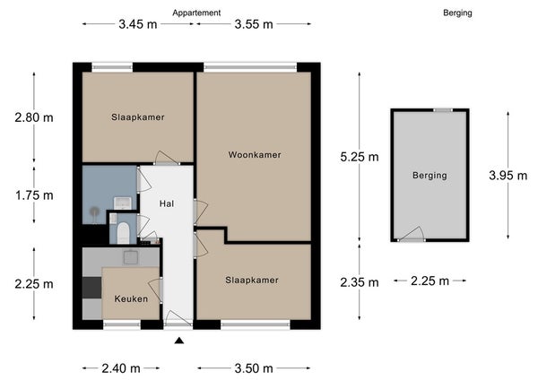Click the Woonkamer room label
[x=255, y=155]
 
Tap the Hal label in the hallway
[x=167, y=203]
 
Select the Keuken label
[x=131, y=298]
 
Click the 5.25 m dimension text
[x=360, y=157]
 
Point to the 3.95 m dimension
[x=508, y=176]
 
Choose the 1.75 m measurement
[x=34, y=195]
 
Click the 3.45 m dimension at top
[x=138, y=24]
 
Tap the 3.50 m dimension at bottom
[x=254, y=368]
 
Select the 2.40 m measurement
[x=121, y=368]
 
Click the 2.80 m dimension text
[x=34, y=117]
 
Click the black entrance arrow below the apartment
[x=179, y=341]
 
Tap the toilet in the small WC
[x=123, y=233]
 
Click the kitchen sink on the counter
[x=131, y=257]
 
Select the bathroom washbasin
[x=123, y=203]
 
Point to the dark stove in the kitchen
[x=92, y=288]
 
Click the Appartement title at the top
[x=196, y=13]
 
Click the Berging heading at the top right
[x=457, y=13]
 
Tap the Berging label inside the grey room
[x=430, y=176]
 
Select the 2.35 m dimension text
[x=360, y=282]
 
